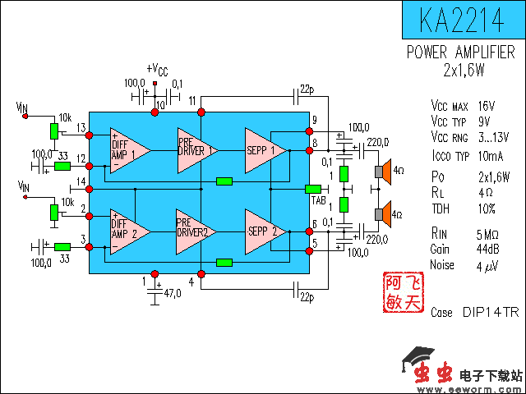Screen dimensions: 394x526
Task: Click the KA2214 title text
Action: (463, 19)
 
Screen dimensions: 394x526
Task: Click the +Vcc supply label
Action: (156, 70)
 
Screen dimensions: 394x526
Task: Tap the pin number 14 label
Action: (81, 181)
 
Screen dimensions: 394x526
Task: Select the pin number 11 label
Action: (191, 100)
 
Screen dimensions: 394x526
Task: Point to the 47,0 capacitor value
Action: (173, 292)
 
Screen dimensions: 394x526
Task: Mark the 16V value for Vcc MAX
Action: (485, 106)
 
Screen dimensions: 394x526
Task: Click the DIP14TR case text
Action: (490, 313)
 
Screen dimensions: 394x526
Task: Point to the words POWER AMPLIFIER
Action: (462, 53)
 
